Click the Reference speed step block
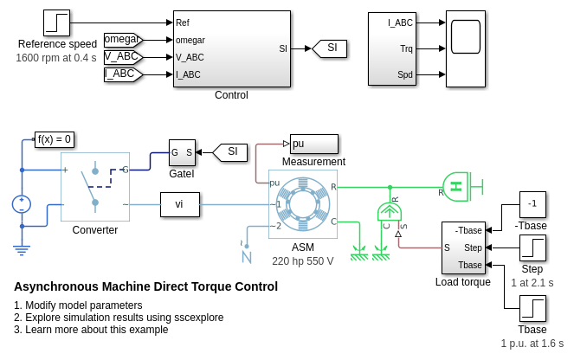coord(57,23)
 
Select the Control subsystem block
coord(231,49)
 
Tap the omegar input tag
coord(122,39)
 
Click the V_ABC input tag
coord(122,57)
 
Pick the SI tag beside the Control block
coord(330,48)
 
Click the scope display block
coord(466,48)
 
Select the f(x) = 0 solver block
coord(55,139)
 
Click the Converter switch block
coord(94,188)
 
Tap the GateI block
coord(182,152)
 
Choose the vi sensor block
coord(179,204)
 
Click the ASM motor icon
coord(303,205)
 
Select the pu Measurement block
coord(313,144)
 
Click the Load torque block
coord(463,247)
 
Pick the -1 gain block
coord(532,204)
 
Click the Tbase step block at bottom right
coord(532,309)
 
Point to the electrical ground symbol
coord(22,249)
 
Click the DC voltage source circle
coord(22,204)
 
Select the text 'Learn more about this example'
coord(90,330)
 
